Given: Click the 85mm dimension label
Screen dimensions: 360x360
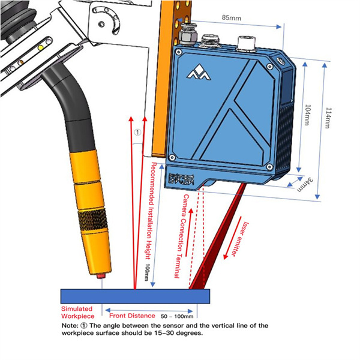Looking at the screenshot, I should point(230,19).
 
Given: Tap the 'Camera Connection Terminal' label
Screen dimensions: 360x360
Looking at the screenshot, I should point(182,235).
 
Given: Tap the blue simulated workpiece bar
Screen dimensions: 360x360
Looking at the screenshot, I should point(135,296).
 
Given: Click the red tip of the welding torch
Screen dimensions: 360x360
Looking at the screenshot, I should point(100,277).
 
